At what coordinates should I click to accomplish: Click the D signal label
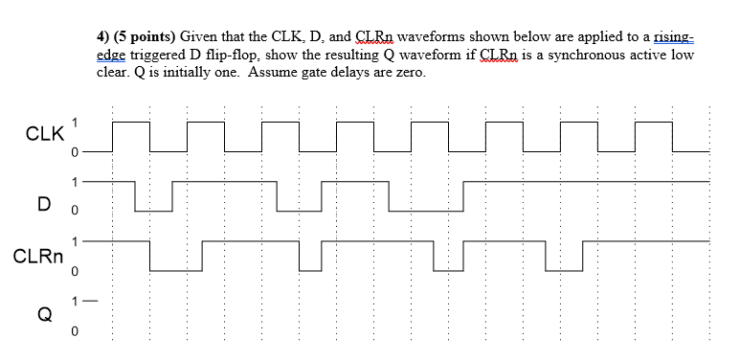(x=43, y=203)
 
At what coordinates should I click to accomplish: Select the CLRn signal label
(x=39, y=257)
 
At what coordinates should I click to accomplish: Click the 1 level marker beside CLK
(x=75, y=121)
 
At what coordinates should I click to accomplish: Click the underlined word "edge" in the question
(x=111, y=56)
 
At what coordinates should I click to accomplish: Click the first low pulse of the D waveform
(x=153, y=210)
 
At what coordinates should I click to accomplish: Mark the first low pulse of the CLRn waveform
(x=176, y=270)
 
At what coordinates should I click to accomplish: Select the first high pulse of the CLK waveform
(x=131, y=123)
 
